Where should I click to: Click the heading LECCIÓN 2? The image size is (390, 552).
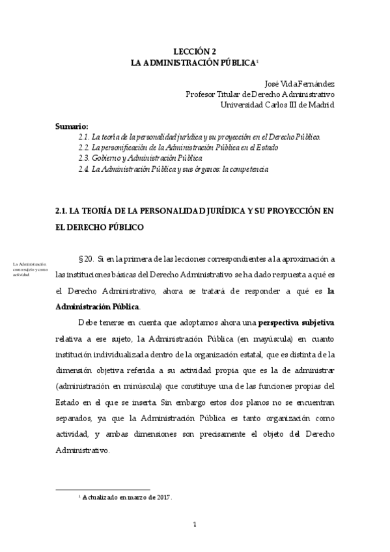(195, 50)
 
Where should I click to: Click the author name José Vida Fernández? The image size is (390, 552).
(299, 83)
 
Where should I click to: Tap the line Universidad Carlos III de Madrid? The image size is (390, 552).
(277, 104)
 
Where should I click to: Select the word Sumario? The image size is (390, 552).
(72, 126)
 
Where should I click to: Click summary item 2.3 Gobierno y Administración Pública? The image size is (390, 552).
(140, 158)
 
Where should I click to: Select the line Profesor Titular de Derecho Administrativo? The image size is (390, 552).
(260, 94)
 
